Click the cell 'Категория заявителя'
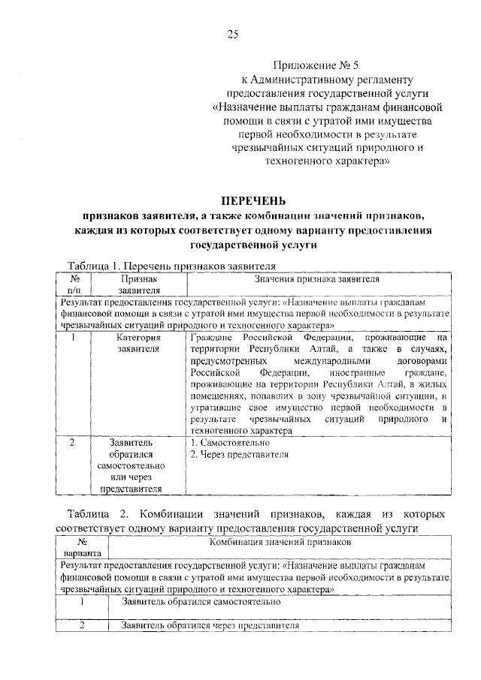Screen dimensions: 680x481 139,343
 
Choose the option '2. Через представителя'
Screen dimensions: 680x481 239,454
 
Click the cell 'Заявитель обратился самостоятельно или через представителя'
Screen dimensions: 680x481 139,466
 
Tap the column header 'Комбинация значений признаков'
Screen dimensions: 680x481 280,540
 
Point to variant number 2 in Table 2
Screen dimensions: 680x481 83,627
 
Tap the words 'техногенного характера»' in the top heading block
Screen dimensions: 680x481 325,161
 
